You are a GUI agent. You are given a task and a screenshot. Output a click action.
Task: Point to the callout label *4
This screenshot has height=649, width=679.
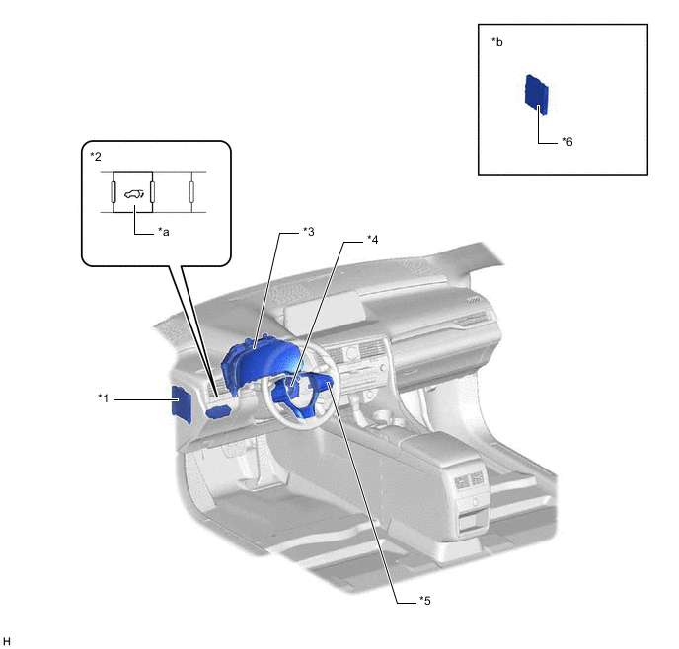coord(372,239)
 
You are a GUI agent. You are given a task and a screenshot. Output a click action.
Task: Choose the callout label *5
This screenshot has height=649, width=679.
coord(424,599)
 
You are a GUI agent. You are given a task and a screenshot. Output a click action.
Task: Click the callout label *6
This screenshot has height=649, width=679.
coord(566,142)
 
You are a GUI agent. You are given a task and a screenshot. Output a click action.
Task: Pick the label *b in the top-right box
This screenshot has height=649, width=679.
coord(497,43)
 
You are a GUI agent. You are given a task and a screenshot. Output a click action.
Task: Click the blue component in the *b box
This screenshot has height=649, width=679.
coord(536,94)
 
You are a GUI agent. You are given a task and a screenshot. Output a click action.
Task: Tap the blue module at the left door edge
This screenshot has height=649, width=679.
coord(182,403)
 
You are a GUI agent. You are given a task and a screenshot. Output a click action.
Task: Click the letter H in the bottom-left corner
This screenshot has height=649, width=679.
coord(8,641)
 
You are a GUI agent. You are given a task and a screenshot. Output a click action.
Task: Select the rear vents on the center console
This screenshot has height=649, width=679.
coord(468,483)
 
